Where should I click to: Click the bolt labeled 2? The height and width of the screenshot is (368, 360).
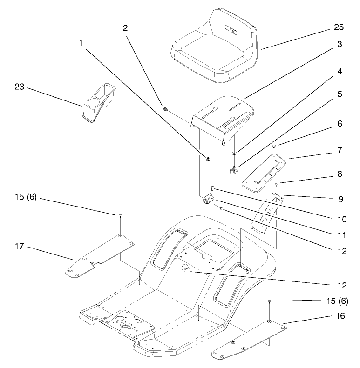pyautogui.click(x=166, y=109)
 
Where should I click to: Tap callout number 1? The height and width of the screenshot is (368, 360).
pyautogui.click(x=81, y=42)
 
